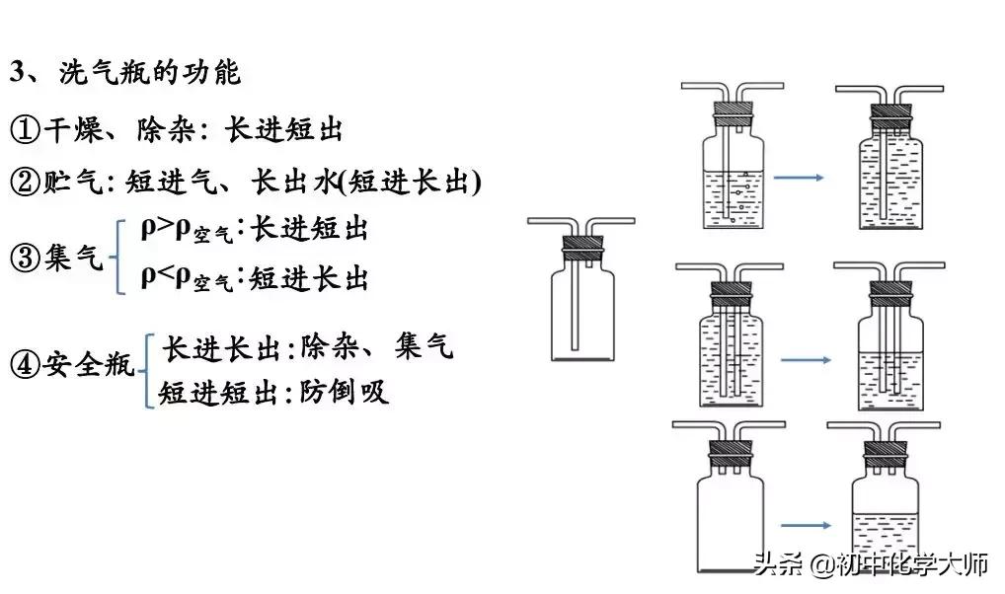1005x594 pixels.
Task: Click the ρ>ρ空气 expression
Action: point(187,230)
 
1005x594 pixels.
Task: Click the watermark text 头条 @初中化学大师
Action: point(871,565)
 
